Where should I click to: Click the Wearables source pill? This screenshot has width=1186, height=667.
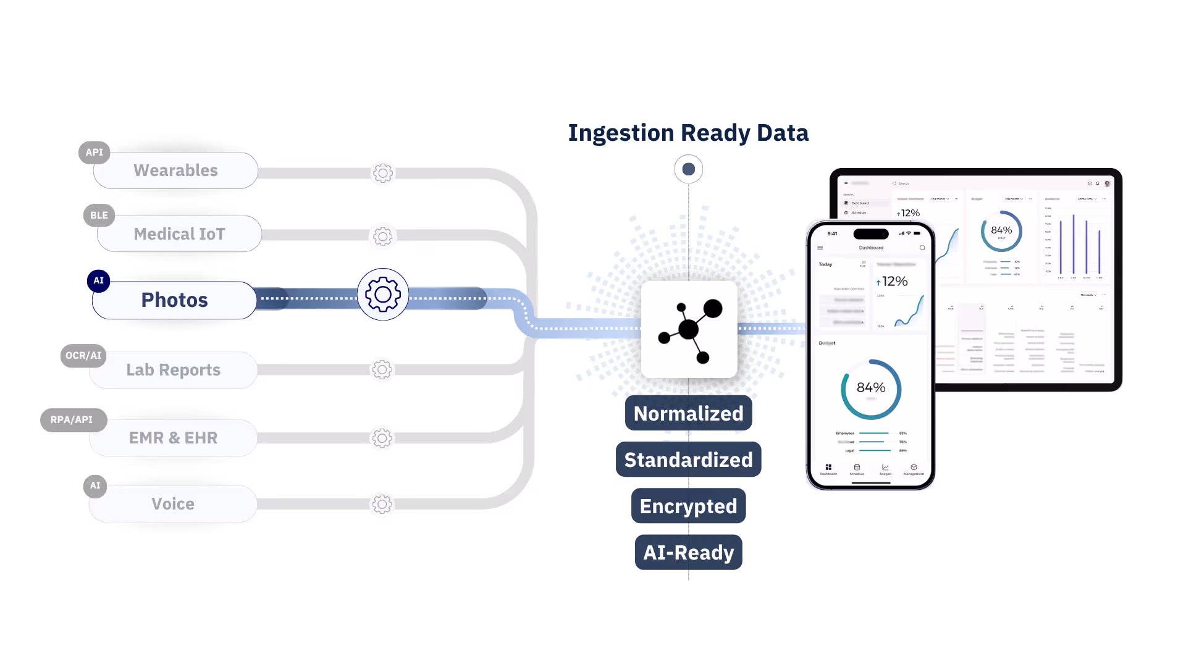[175, 170]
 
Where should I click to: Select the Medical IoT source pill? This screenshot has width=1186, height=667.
[179, 234]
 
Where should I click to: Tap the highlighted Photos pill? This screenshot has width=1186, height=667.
[174, 300]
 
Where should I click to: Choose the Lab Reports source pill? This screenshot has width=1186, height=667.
[173, 370]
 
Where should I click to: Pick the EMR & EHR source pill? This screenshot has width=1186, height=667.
[173, 438]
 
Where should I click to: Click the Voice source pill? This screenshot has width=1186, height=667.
[173, 504]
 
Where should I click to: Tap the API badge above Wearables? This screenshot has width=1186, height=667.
[94, 153]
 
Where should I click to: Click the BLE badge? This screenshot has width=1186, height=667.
[99, 215]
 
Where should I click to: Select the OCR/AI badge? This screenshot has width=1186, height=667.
[83, 356]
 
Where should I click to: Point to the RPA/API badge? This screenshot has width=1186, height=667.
[72, 420]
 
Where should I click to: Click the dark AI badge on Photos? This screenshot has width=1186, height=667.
[98, 280]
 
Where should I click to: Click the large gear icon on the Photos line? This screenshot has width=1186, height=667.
[383, 295]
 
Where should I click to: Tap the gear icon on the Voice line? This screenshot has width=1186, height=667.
[382, 505]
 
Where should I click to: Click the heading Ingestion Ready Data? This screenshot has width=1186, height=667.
[688, 133]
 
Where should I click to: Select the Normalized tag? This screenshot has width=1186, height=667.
[688, 414]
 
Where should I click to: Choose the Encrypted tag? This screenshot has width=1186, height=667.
[688, 506]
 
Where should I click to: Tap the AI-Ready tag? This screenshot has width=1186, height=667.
[688, 553]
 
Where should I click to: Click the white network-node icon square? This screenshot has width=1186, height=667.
[689, 329]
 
